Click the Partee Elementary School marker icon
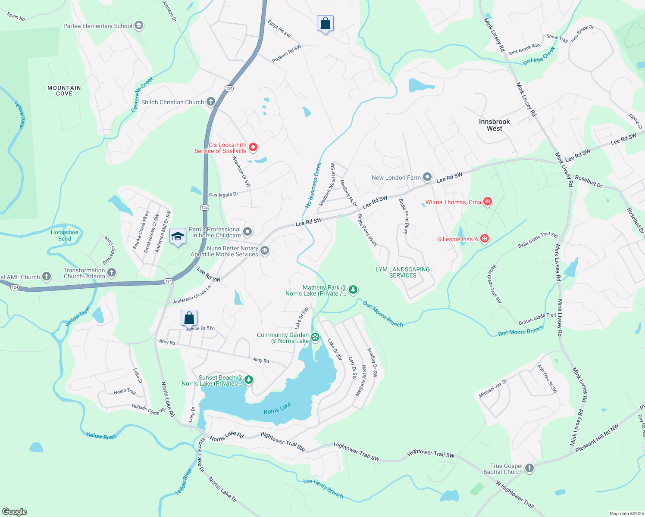[139, 26]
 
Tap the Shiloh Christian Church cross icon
[210, 102]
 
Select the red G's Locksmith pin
[254, 147]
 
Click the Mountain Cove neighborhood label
[64, 90]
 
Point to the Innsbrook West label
[495, 125]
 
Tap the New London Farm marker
[427, 177]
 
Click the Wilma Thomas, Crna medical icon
[488, 201]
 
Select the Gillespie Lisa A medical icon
[485, 238]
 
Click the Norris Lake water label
[277, 408]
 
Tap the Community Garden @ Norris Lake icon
[315, 337]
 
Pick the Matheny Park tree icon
[353, 290]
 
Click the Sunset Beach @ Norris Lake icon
[248, 380]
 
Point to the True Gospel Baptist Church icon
[529, 468]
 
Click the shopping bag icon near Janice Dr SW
[189, 318]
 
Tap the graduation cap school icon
[178, 236]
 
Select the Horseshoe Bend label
[65, 235]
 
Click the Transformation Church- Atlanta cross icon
[112, 272]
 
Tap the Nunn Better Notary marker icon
[265, 250]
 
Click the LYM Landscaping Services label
[403, 272]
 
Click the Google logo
[14, 512]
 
